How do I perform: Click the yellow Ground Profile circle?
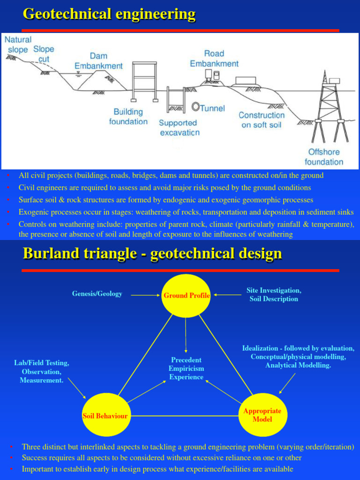(x=186, y=295)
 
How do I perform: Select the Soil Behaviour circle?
(x=105, y=415)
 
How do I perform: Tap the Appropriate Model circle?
(x=262, y=415)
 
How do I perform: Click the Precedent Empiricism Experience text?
(x=186, y=368)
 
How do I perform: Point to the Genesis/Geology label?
(x=97, y=294)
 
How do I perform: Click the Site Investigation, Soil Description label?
(x=274, y=295)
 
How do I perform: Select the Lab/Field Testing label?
(x=42, y=371)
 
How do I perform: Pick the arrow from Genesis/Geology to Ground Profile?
(x=145, y=295)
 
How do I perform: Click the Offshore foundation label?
(x=324, y=157)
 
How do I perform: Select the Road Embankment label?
(x=214, y=59)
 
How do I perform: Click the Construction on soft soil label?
(x=262, y=120)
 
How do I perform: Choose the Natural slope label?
(x=18, y=45)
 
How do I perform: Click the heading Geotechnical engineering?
(x=109, y=14)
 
